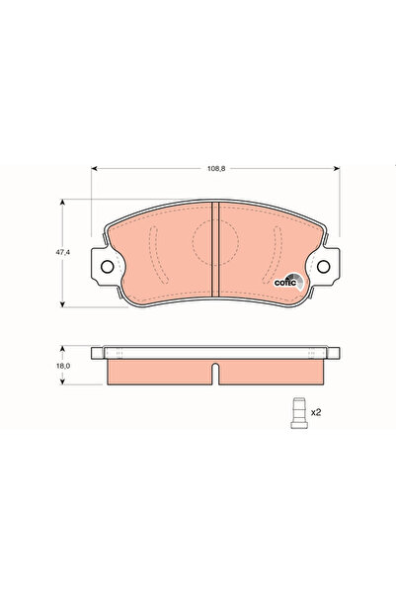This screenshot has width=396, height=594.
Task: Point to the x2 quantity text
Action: pyautogui.click(x=317, y=411)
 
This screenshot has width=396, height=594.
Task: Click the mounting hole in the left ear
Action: pyautogui.click(x=107, y=266)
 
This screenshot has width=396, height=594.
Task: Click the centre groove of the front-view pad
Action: pyautogui.click(x=215, y=247)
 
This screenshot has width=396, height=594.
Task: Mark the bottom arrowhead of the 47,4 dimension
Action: pyautogui.click(x=65, y=302)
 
